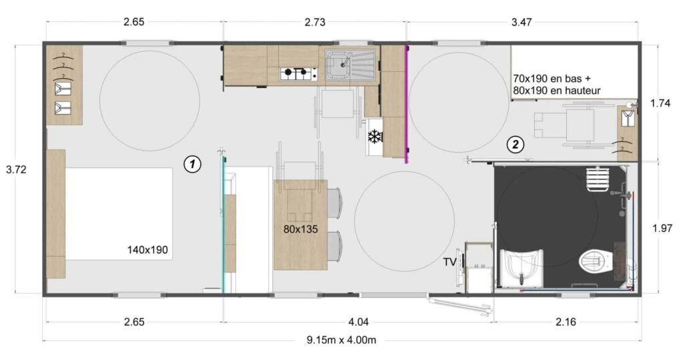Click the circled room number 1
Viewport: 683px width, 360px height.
[192, 163]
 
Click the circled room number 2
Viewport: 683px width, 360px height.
[514, 143]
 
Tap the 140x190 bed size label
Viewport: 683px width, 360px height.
[147, 251]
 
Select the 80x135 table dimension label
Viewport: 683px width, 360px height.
[300, 229]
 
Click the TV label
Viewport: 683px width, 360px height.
[450, 262]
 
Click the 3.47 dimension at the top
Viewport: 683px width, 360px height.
[523, 22]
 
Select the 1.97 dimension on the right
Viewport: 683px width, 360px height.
[663, 228]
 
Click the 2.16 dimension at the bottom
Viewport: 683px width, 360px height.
[567, 321]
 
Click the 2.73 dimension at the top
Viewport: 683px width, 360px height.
[315, 22]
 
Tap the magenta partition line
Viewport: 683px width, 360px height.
[406, 103]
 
